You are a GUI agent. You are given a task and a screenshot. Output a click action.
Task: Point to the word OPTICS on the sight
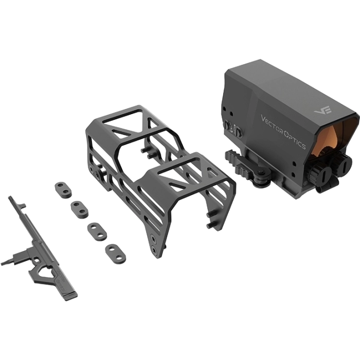[295, 140]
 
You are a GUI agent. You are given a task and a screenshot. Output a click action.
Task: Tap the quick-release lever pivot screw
[261, 174]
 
